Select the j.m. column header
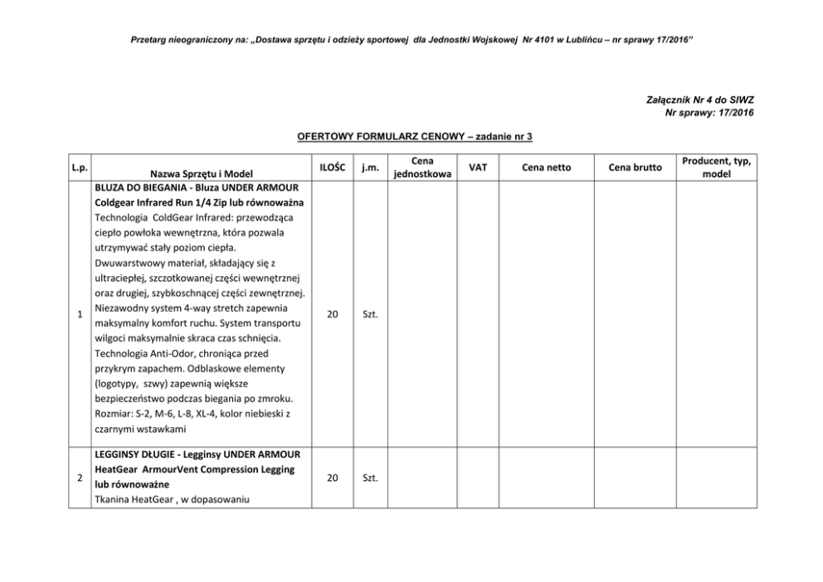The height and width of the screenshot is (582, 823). click(370, 167)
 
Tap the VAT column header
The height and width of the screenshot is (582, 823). click(478, 167)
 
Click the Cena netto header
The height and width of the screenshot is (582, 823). click(546, 167)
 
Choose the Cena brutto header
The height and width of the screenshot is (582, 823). click(636, 167)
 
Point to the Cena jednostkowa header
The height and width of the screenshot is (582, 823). click(422, 167)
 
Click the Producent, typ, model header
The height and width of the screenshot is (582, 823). click(716, 167)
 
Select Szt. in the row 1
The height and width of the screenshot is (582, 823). click(370, 314)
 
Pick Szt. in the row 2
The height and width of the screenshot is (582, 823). click(370, 478)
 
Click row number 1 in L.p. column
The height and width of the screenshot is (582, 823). click(79, 314)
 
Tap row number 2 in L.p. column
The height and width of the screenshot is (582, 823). click(79, 478)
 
